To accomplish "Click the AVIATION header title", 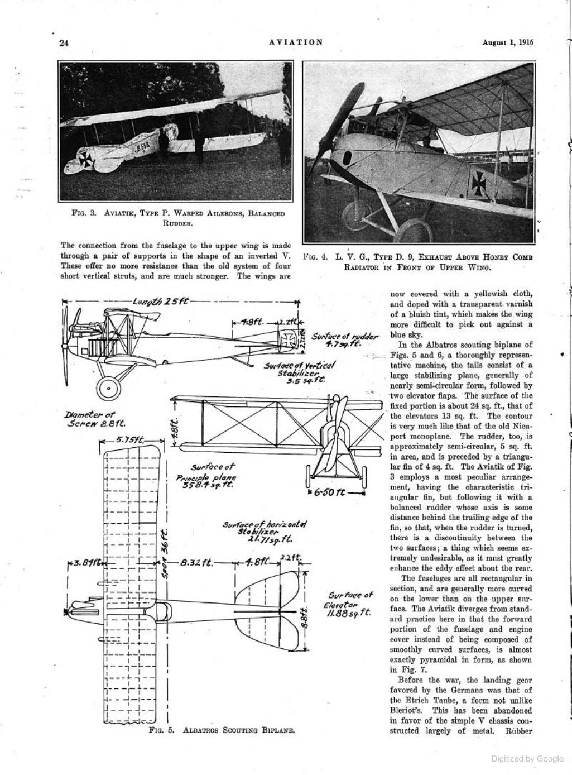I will coord(296,42).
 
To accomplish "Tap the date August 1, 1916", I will coord(508,42).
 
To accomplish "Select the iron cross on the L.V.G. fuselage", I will coord(480,182).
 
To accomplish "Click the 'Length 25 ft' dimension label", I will coord(160,302).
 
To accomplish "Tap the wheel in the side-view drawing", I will coord(108,387).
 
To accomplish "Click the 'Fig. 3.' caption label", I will coord(84,213).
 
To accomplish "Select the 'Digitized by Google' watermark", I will coord(527,759).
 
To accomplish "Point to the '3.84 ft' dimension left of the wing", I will coord(85,563).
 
